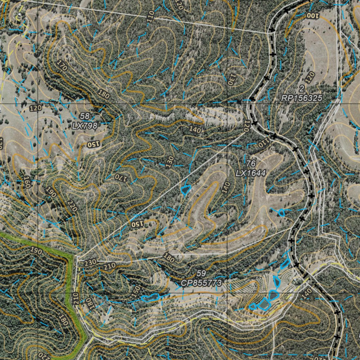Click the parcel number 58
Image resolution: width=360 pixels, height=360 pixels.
85,116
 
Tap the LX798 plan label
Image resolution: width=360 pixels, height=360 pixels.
84,125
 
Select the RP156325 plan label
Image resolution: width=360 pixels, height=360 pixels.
302,98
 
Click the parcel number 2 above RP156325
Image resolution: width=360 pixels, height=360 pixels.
302,88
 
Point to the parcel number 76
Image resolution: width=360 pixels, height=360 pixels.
251,163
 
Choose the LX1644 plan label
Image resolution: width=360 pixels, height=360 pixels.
251,173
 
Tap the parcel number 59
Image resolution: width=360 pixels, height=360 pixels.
201,273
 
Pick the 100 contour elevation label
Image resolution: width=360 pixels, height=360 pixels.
313,15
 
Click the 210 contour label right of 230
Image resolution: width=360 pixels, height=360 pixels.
109,266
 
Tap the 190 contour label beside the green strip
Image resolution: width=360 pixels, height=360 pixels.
36,251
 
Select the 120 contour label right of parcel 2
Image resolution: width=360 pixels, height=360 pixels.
310,78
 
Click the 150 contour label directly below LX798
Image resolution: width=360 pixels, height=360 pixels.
94,144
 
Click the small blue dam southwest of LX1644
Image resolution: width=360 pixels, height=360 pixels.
185,190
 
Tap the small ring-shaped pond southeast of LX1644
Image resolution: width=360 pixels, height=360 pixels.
281,212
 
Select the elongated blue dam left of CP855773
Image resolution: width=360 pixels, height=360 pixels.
150,298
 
